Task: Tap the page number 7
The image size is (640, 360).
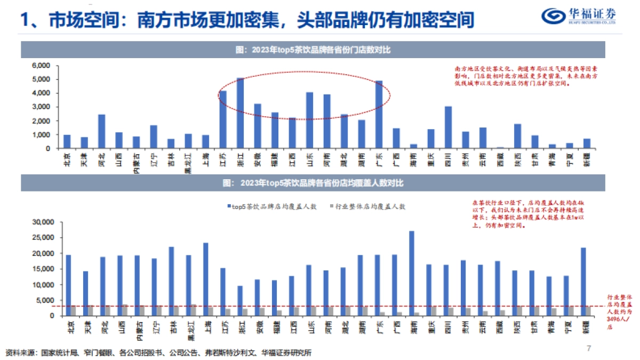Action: tap(589, 348)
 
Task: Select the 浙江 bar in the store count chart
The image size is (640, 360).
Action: tap(240, 113)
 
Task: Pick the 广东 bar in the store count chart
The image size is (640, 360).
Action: tap(379, 115)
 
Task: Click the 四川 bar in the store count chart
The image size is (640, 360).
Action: tap(448, 127)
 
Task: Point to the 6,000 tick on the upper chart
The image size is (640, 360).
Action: tap(41, 66)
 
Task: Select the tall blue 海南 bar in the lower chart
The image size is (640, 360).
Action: tap(411, 273)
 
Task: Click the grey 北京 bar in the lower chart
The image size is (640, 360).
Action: tap(73, 310)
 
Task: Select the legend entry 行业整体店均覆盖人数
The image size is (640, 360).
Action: tap(368, 206)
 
